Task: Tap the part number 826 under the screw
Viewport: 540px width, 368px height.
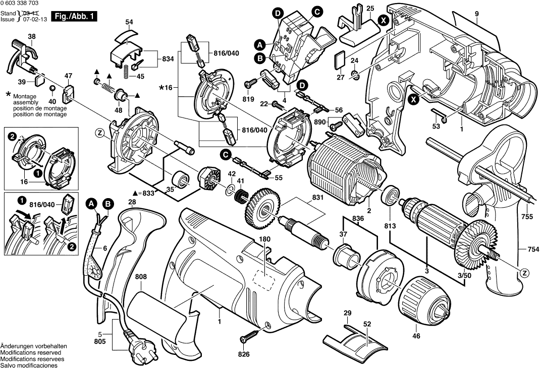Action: tap(244, 354)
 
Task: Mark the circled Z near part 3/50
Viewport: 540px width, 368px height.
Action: tap(525, 273)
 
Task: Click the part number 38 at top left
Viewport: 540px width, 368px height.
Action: tap(32, 36)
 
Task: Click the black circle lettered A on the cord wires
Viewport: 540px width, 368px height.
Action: tap(91, 204)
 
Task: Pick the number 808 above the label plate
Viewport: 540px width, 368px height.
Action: tap(141, 277)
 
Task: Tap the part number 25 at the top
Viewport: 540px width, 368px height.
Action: tap(370, 9)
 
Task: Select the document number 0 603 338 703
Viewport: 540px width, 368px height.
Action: tap(20, 4)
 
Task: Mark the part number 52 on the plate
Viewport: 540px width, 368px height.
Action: tap(367, 325)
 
